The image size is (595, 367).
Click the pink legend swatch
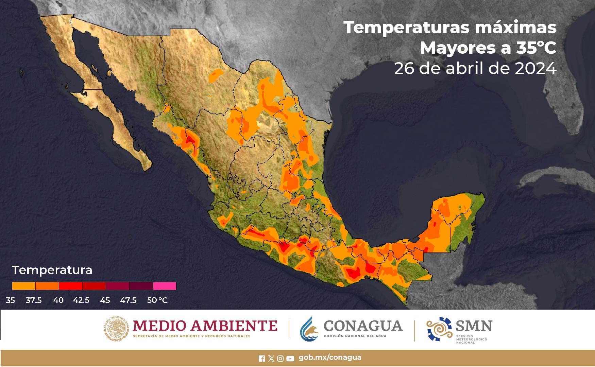(165, 286)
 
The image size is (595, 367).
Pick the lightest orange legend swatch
(23, 286)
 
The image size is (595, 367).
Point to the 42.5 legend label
(81, 300)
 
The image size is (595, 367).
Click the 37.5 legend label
(34, 300)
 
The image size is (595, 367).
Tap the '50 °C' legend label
(157, 300)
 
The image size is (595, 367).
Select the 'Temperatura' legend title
(52, 270)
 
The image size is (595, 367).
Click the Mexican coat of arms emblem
(116, 328)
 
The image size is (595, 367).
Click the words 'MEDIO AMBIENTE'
(205, 326)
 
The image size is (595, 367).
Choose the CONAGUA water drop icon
(309, 329)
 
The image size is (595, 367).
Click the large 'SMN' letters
(474, 326)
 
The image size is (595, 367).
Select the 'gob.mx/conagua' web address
(330, 357)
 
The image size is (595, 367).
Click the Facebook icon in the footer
(262, 359)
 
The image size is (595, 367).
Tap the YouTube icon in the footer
(290, 359)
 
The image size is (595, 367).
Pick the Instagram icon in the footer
(280, 359)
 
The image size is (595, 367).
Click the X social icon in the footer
(271, 359)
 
